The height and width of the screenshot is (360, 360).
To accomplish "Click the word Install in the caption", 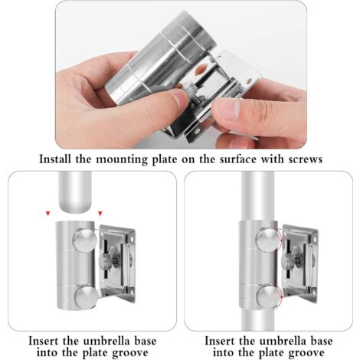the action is (x=55, y=159).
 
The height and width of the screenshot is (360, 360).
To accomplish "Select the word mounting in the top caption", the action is (x=122, y=159).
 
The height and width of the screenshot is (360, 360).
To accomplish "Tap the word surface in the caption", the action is (x=238, y=159).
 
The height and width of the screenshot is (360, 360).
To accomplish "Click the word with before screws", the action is (x=272, y=159).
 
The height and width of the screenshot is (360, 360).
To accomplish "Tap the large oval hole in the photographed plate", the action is (x=201, y=70).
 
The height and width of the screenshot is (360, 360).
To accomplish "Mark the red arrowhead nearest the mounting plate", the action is (x=100, y=213).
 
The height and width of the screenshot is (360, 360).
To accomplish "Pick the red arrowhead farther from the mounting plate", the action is (x=47, y=213).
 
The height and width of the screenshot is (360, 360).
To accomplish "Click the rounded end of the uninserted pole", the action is (x=75, y=205).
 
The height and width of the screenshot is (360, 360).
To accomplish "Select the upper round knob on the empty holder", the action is (x=85, y=241).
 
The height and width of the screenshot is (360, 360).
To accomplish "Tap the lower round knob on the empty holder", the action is (x=87, y=297).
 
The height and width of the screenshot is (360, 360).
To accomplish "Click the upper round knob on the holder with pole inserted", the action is (x=269, y=241).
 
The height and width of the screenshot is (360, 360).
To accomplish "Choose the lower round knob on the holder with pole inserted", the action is (x=269, y=296).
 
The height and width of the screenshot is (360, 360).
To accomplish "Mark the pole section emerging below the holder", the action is (x=257, y=319).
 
